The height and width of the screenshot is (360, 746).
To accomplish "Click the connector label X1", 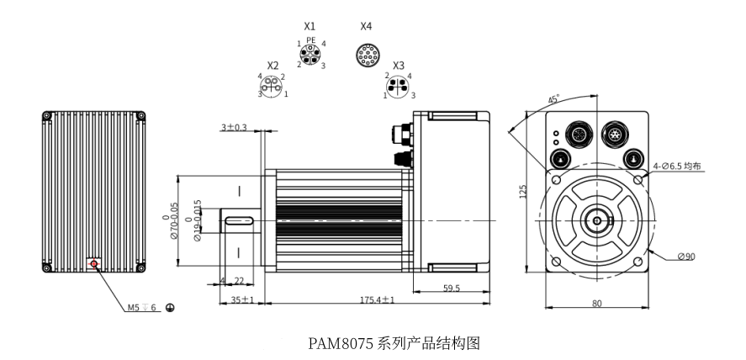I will click(310, 27).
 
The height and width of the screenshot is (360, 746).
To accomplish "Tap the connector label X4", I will click(366, 27).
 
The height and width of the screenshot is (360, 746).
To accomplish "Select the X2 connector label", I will click(272, 66).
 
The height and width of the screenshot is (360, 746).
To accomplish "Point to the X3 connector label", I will click(399, 66).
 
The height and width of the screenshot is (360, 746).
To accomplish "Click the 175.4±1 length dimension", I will click(378, 299).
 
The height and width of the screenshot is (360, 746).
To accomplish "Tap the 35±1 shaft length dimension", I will click(241, 299).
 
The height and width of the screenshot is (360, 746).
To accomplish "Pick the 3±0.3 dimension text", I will click(234, 127).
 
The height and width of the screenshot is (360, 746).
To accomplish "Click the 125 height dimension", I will click(523, 192).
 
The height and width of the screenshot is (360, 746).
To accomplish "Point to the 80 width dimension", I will click(596, 304).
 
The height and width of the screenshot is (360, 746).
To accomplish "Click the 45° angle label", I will click(553, 100).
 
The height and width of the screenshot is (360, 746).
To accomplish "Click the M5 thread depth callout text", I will click(143, 308).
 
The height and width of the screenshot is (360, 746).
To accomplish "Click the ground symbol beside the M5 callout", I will click(170, 308).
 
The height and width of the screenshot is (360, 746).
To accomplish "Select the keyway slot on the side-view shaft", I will click(240, 221).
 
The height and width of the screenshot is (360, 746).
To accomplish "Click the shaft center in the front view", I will click(597, 222).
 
